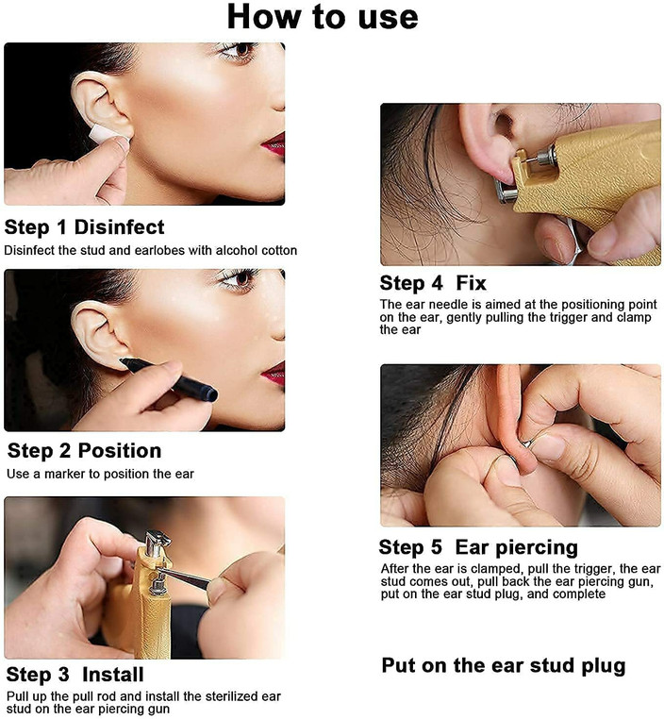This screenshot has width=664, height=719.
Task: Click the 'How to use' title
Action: pos(323,17)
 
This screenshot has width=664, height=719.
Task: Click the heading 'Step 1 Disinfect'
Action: pos(84,227)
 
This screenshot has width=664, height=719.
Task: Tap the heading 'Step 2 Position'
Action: pos(84,451)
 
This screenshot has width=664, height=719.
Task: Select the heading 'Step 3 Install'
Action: pos(75,675)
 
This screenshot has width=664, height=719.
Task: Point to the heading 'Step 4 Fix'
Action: pos(433,283)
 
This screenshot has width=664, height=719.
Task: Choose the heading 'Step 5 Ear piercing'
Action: pos(478,547)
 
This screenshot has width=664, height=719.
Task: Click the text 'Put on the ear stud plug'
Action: pos(504,666)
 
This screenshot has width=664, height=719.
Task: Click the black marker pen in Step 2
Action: pos(169,379)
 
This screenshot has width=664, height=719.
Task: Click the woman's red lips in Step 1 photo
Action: pos(274,144)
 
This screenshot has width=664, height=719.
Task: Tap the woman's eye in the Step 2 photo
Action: pos(239,278)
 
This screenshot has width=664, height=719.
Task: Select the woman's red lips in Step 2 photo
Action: pos(274,373)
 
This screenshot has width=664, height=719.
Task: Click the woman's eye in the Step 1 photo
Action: pos(239,50)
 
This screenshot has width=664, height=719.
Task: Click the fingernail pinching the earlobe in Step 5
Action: pos(548,447)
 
